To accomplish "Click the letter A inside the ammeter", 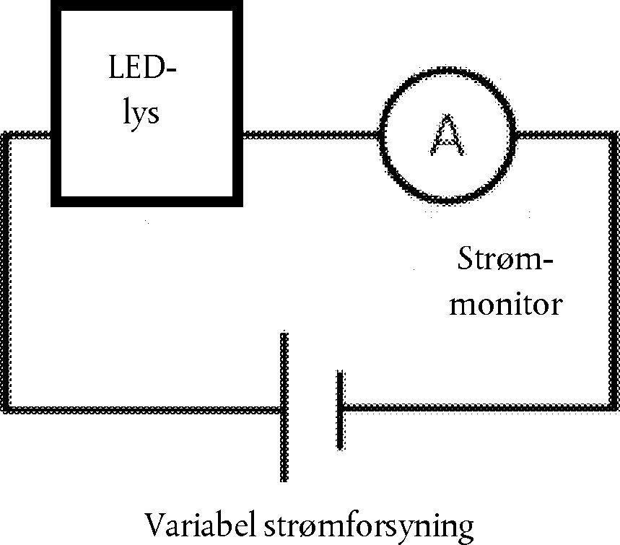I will point(447,136).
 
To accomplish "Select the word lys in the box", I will point(141,113).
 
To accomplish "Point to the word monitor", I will point(505,305).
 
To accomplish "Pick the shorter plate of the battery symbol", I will point(340,409).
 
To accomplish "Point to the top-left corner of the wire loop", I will point(8,136).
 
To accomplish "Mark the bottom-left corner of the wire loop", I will point(8,409).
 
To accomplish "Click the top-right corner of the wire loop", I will point(614,136).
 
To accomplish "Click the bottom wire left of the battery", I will point(144,409).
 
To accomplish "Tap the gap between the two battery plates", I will point(313,408).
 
